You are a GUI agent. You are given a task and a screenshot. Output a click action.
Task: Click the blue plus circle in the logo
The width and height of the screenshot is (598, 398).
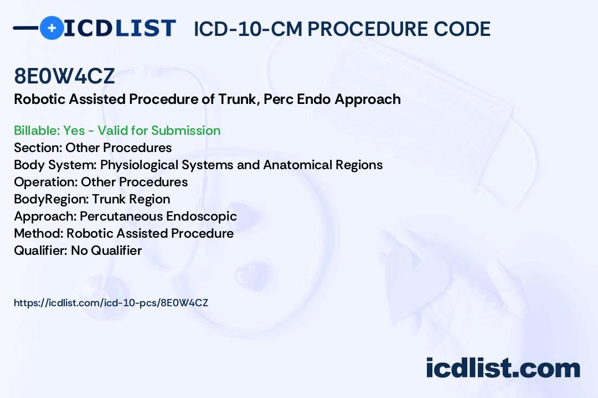coord(51,28)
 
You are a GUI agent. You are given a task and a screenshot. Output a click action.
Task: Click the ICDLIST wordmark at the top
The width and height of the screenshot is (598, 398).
coord(120,28)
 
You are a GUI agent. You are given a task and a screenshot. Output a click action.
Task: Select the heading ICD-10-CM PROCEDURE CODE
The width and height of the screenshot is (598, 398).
coord(342,29)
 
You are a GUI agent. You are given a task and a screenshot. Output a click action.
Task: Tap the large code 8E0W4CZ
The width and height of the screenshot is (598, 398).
coord(64,76)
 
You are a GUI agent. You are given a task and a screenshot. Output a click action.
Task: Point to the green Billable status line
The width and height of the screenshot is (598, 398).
coord(117,130)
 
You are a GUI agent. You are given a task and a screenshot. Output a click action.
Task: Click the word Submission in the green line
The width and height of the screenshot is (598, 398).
coord(185,130)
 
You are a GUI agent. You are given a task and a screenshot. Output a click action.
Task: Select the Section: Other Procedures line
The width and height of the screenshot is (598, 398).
coord(92,148)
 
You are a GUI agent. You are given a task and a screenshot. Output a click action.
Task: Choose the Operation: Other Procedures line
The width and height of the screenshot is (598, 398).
coord(101,182)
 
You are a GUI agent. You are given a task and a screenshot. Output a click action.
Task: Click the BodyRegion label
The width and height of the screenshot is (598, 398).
coord(51,199)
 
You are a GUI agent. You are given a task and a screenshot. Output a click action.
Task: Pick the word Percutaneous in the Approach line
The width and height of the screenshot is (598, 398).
coord(121,216)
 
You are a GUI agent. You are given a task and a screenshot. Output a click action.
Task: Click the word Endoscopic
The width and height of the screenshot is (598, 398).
coord(202,216)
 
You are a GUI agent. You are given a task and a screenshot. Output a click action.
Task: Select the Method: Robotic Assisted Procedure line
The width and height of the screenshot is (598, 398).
coord(123,233)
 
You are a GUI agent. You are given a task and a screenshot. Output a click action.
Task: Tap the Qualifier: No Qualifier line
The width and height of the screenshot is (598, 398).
coord(78,250)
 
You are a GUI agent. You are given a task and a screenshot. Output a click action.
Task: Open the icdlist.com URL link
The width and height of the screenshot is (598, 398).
coord(111,303)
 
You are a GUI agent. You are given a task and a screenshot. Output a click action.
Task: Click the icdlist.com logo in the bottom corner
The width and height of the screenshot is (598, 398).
coord(503,368)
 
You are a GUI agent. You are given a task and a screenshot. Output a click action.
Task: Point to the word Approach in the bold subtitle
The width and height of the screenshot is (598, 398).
coord(368,99)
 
